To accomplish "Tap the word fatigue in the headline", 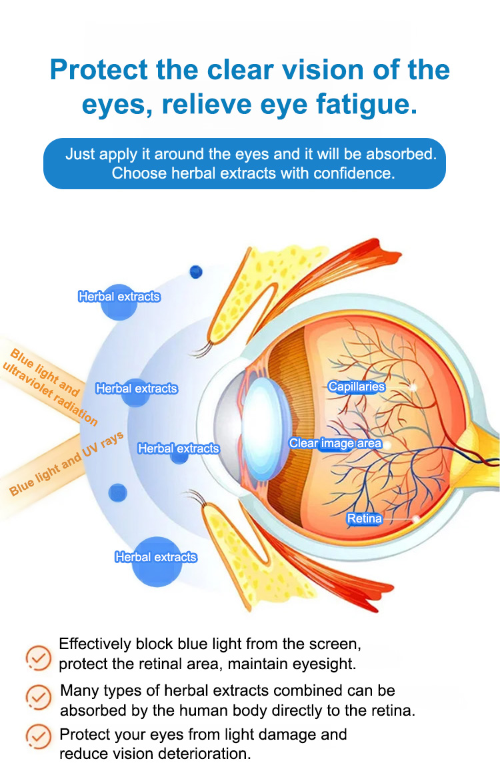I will point(374,105).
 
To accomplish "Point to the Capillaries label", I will point(357,387).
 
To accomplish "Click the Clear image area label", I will point(335,443).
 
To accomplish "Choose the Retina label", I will point(365,518).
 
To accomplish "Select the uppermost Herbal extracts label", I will point(119,297).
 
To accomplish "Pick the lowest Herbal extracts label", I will point(156,557).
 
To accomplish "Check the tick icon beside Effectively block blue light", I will point(38,658).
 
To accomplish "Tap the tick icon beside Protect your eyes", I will point(38,737).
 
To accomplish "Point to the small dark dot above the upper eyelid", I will point(195,272).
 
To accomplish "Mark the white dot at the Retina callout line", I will point(417,518).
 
